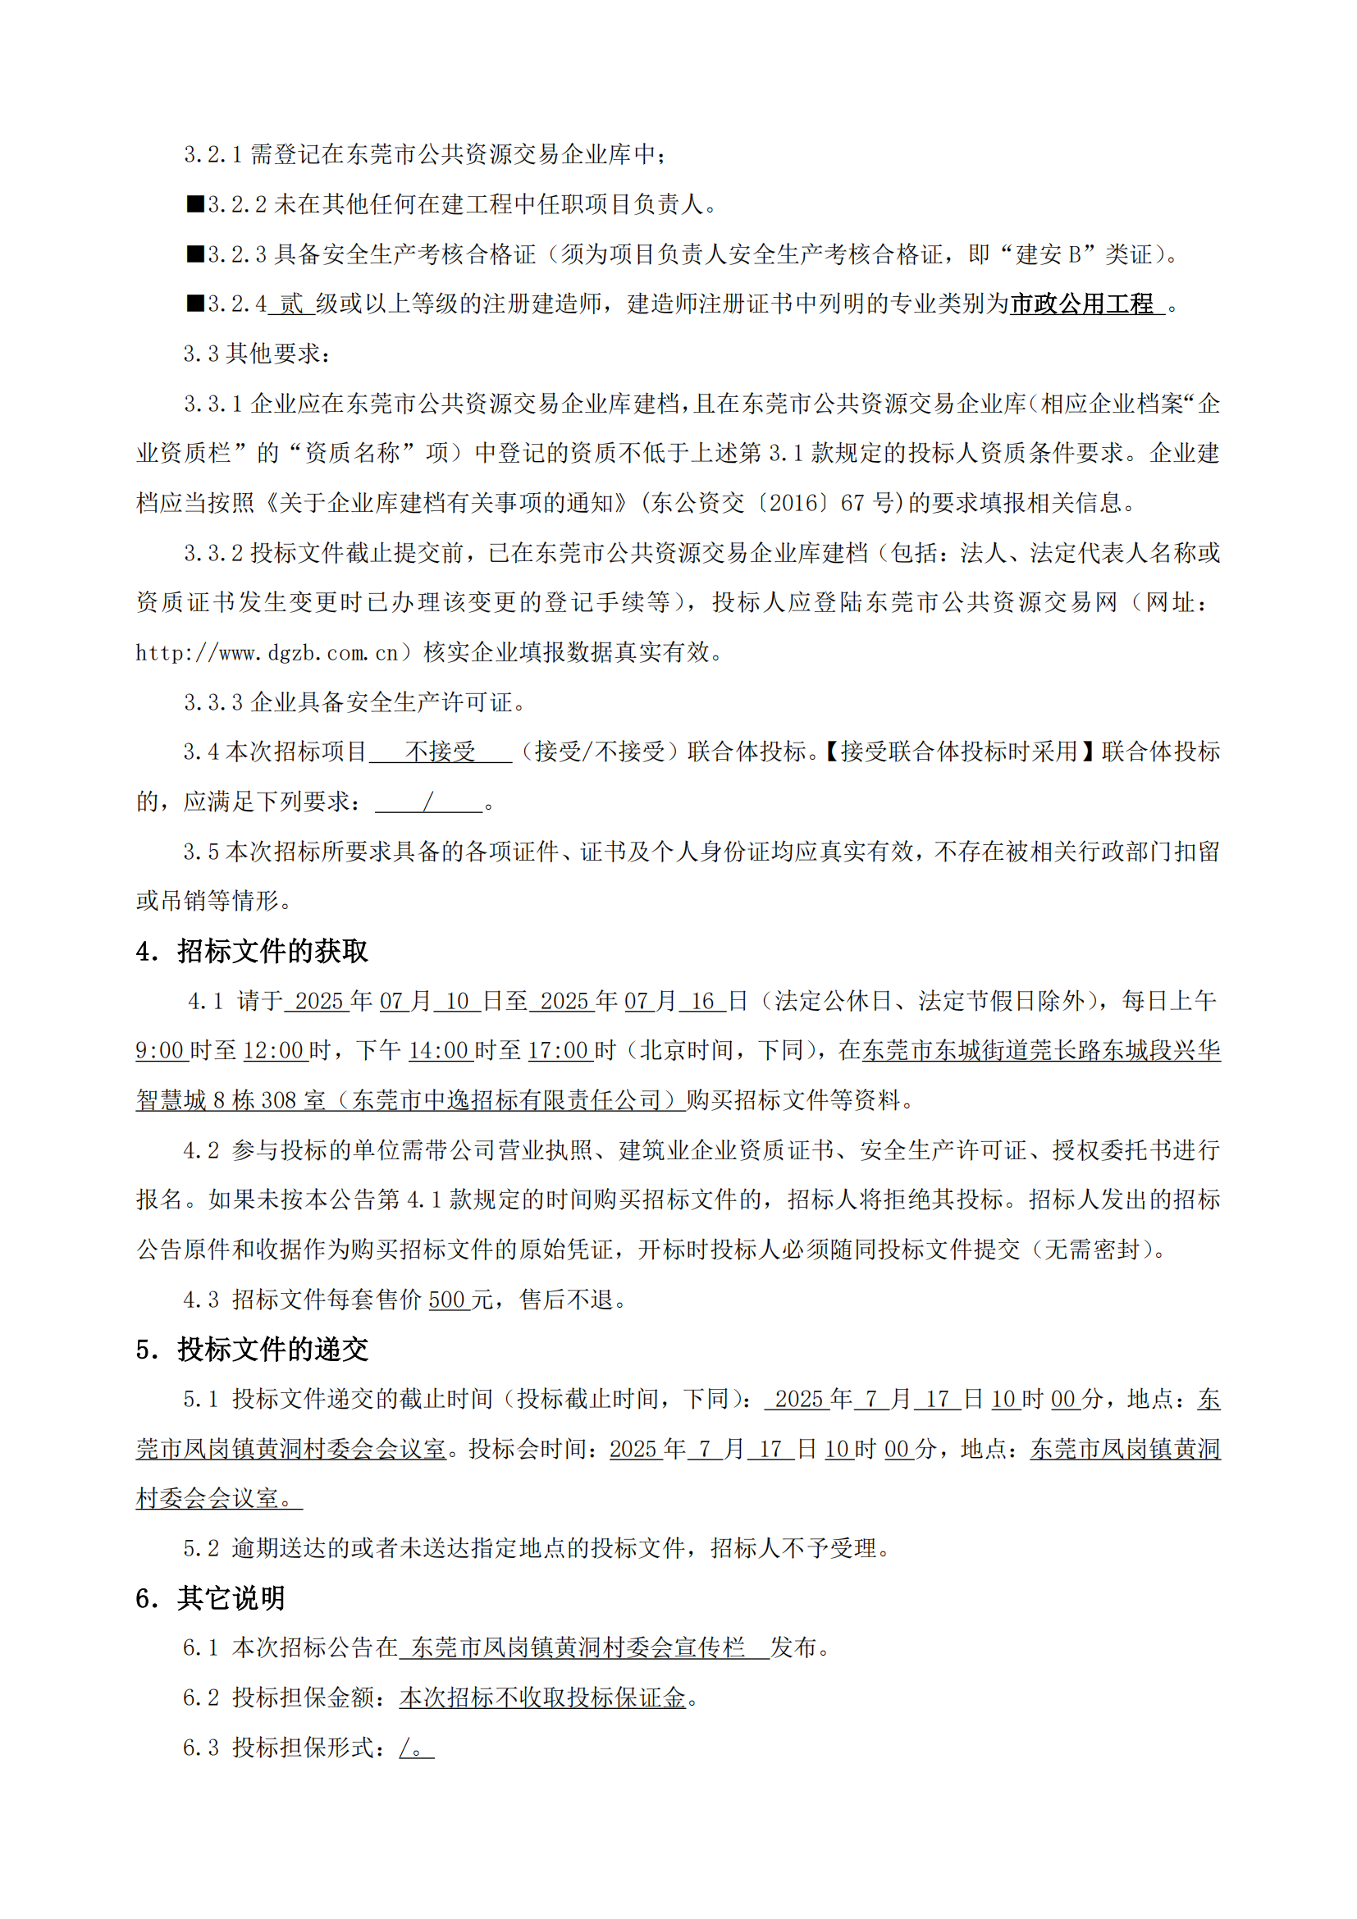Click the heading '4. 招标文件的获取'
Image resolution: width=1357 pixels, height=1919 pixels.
(252, 950)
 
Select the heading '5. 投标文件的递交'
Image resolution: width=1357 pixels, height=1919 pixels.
(252, 1349)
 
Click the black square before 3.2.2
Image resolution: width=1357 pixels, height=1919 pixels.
(195, 204)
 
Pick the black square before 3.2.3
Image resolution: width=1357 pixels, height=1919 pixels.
(195, 254)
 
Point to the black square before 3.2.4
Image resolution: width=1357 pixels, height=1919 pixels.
(195, 304)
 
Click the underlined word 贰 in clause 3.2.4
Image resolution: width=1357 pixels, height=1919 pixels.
(290, 304)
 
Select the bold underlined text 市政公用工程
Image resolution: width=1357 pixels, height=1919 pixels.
(1082, 304)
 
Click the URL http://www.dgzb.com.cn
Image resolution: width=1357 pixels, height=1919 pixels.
(267, 653)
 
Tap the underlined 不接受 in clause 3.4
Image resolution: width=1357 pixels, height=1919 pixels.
(441, 752)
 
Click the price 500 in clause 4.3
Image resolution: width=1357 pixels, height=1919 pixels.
(447, 1300)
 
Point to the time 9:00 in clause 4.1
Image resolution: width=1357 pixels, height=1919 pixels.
(160, 1051)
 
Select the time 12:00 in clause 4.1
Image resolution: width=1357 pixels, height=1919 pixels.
(273, 1051)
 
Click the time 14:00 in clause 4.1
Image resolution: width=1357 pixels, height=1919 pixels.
(439, 1051)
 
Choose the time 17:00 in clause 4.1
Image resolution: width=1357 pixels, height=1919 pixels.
(558, 1051)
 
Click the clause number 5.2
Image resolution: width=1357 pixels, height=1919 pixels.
(200, 1548)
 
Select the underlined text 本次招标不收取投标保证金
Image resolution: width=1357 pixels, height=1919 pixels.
(542, 1697)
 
